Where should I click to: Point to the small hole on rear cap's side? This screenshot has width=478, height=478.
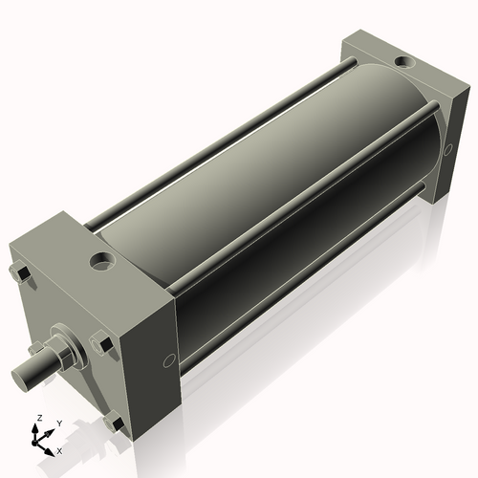(x=445, y=148)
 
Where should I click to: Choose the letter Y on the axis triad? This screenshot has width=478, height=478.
(x=58, y=424)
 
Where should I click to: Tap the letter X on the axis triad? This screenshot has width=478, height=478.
(x=59, y=449)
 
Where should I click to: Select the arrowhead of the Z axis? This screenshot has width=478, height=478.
(x=37, y=428)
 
